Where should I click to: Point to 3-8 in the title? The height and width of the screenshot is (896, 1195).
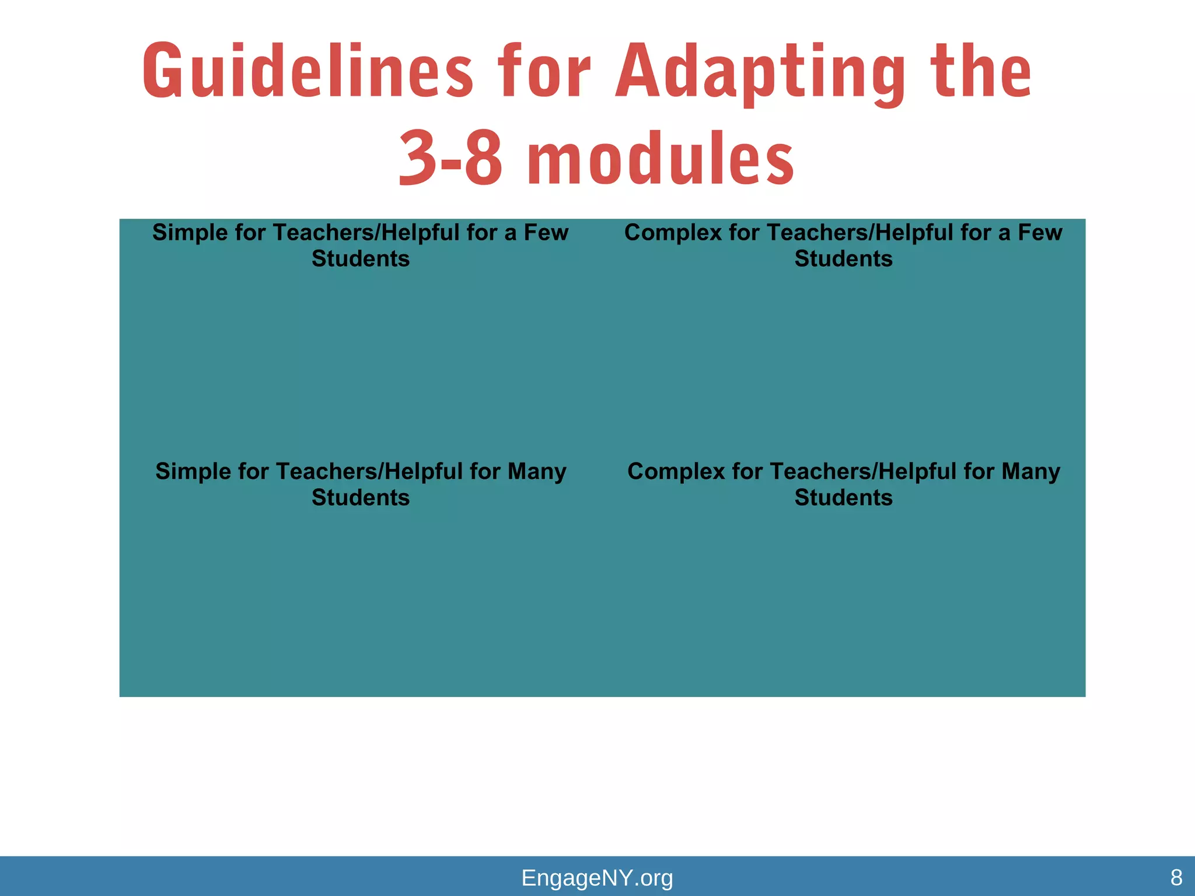(x=450, y=159)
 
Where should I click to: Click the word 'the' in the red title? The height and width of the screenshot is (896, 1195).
(x=981, y=71)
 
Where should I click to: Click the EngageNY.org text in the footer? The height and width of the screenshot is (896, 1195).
(x=597, y=877)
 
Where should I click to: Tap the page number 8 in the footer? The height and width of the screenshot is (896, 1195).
(x=1176, y=877)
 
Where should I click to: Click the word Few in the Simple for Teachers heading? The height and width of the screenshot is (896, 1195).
(x=546, y=233)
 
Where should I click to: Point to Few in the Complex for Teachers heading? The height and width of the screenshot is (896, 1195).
(x=1040, y=233)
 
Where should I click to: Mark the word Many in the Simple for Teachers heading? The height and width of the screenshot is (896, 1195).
(x=537, y=471)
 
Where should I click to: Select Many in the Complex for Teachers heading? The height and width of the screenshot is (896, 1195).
(x=1031, y=471)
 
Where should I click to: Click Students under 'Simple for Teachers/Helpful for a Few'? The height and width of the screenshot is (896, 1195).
(x=361, y=259)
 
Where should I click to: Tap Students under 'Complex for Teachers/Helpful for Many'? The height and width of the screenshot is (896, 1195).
(x=844, y=498)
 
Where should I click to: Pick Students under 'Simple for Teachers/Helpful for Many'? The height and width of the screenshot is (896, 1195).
(x=361, y=498)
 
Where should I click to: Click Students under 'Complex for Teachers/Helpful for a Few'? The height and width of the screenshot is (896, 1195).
(x=844, y=259)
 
